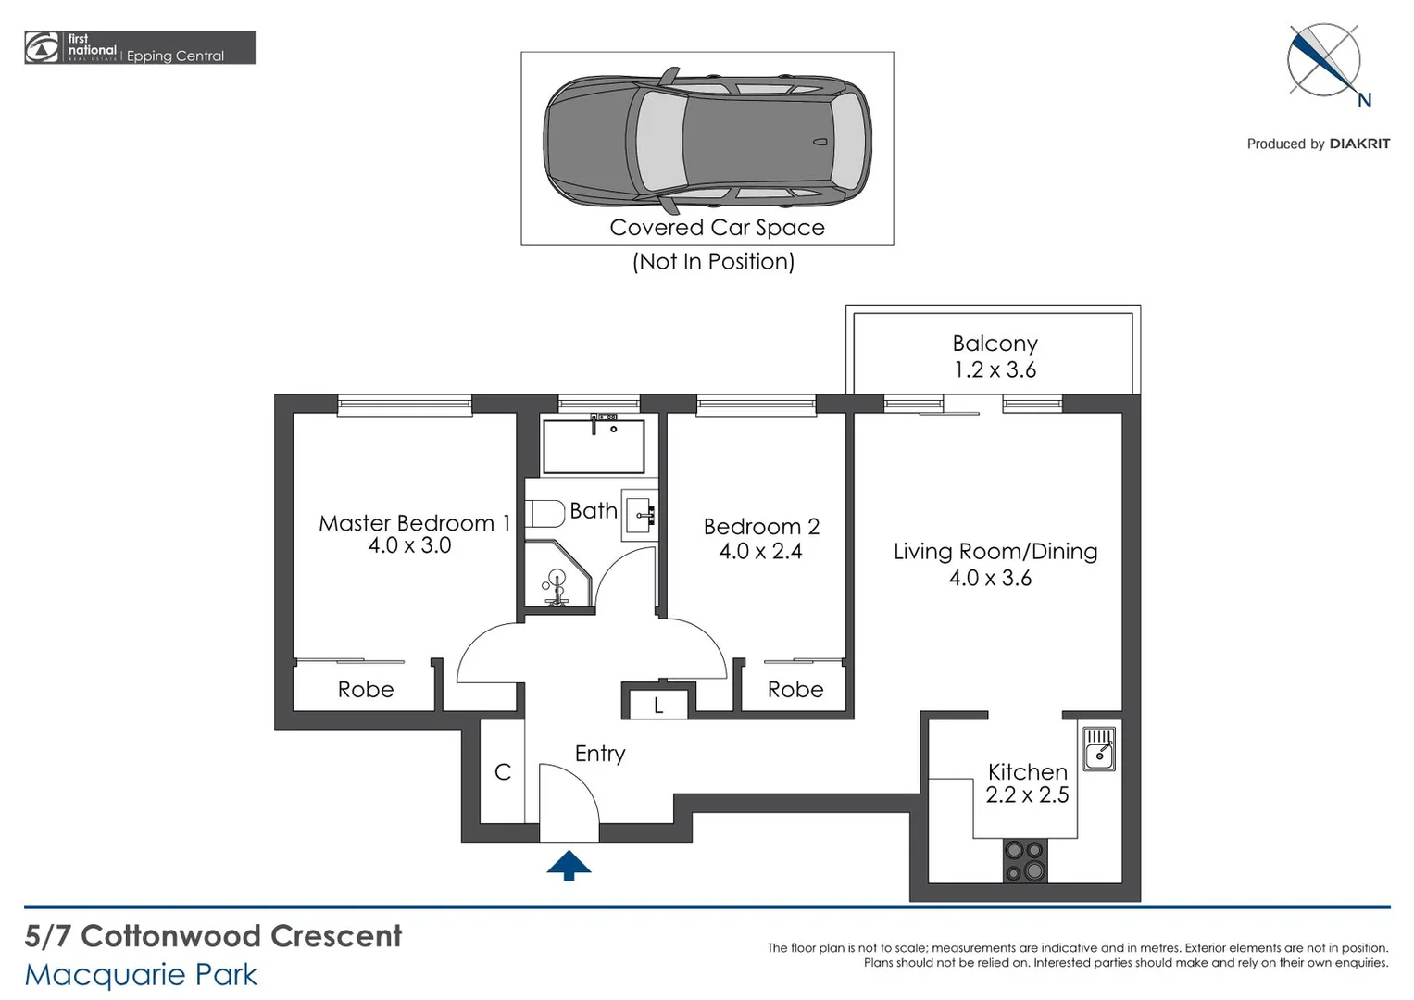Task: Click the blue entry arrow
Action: pos(569,866)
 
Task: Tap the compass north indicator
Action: pos(1325,61)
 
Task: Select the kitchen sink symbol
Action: pos(1099,748)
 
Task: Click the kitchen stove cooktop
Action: pos(1025,860)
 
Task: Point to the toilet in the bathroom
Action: pos(545,513)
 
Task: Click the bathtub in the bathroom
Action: pos(594,445)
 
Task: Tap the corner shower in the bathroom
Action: pos(557,575)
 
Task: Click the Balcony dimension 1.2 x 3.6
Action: pos(995,369)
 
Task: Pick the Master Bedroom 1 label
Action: pos(414,523)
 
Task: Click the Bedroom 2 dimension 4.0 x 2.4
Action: pos(760,551)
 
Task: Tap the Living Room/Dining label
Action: pos(995,551)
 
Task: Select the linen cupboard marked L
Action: pos(658,705)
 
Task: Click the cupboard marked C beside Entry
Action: pos(503,771)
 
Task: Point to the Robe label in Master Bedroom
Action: pos(366,690)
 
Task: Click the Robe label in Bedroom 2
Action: pos(795,690)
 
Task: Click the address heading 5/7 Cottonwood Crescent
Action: pos(213,936)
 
